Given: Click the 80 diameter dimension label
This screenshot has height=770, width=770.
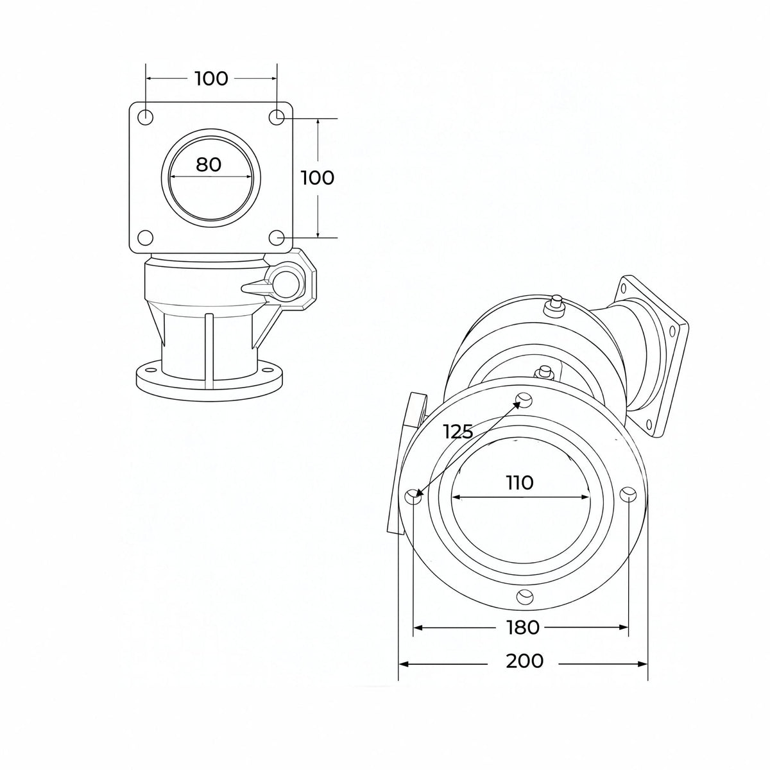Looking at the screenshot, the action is [x=208, y=164].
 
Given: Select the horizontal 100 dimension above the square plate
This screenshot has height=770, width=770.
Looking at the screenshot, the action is [x=211, y=79].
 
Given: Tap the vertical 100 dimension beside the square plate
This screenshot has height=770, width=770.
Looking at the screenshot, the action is [x=317, y=178].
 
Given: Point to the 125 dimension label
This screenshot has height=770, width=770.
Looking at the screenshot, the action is [x=458, y=431].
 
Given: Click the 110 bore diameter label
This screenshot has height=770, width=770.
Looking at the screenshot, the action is [x=520, y=483].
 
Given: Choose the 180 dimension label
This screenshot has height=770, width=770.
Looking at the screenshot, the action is [x=522, y=628].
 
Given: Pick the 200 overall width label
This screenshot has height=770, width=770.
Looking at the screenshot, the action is [x=525, y=660].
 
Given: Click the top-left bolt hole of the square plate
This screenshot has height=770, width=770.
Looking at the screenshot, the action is [x=145, y=117].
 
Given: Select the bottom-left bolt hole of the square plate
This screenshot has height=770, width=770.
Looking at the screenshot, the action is [x=145, y=238].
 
